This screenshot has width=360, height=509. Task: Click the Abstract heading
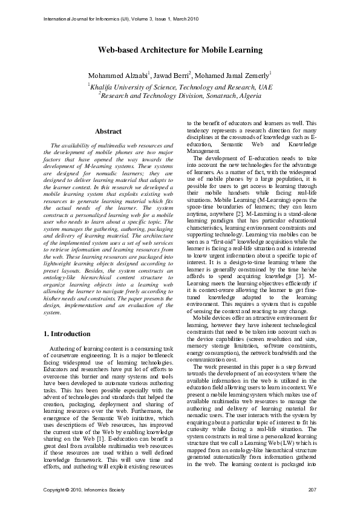(108, 131)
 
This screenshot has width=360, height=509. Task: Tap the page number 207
(312, 488)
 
